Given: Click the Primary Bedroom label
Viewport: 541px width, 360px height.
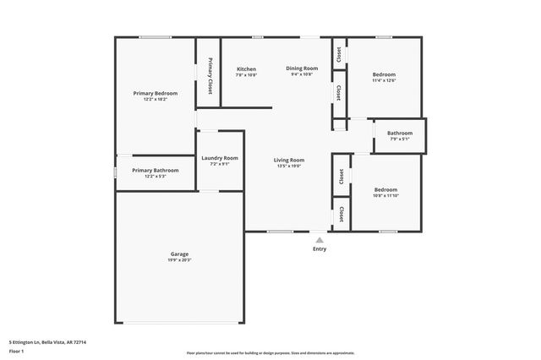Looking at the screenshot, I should pos(156,92).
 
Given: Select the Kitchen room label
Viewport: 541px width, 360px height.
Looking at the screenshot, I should pos(246,68).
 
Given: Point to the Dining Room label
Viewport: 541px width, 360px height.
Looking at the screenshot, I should pos(302,68).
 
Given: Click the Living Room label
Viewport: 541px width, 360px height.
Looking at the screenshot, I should pos(289,160).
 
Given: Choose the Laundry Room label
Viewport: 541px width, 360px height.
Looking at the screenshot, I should pos(220,158).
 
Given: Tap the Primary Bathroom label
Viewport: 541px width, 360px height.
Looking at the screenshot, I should pos(156,170).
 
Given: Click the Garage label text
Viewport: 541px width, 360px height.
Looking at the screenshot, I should pos(179,254).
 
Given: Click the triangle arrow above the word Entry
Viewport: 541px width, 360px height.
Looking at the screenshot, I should pos(320,240).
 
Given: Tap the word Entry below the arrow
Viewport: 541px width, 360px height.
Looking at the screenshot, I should pos(320,248).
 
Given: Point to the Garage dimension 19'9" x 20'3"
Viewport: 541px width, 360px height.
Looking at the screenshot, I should pos(179,260).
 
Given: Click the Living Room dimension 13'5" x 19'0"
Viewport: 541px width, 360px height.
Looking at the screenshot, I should pos(289,166).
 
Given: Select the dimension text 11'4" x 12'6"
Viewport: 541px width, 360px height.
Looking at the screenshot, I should pos(384,81).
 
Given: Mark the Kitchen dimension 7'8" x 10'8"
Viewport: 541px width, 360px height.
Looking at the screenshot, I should pos(246,75).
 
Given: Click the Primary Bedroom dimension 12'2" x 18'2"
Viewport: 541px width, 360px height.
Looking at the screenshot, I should pos(156,99).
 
